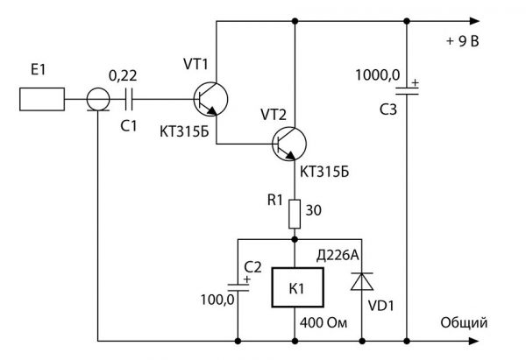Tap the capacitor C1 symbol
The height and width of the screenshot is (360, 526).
point(129,99)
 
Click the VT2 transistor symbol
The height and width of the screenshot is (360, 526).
point(289,144)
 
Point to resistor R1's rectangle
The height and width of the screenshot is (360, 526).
point(295,215)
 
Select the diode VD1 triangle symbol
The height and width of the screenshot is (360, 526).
point(362,281)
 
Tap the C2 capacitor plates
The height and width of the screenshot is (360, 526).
point(238,287)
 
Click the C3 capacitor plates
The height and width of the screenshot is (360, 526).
point(407,91)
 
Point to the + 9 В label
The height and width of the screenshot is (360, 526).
point(463,41)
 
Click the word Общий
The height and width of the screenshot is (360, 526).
point(464,323)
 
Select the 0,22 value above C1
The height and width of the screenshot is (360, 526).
point(123,76)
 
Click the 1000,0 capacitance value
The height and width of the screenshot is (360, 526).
point(378,74)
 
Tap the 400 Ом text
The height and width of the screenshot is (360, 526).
point(323,323)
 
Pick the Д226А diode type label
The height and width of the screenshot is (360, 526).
point(338,256)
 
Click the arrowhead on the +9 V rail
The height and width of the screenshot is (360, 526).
point(474,21)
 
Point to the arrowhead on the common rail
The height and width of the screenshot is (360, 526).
point(473,342)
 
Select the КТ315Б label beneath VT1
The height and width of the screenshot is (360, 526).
point(184,131)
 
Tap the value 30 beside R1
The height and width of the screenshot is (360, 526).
point(313,210)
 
